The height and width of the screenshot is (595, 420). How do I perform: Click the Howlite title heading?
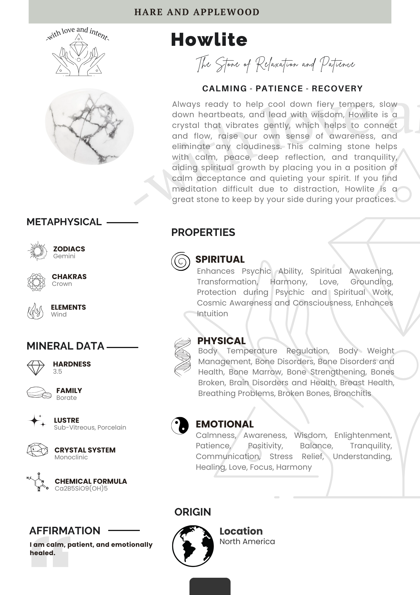click(x=209, y=40)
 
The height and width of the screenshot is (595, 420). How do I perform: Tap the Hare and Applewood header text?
click(x=197, y=12)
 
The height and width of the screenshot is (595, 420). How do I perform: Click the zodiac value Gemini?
click(x=64, y=256)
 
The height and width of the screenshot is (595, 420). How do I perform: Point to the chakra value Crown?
click(x=62, y=284)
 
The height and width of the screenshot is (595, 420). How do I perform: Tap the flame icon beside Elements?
click(x=35, y=311)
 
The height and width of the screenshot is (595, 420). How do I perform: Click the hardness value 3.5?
click(x=58, y=371)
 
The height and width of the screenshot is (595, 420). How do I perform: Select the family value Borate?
click(x=67, y=398)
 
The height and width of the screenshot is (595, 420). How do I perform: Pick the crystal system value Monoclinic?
click(x=71, y=457)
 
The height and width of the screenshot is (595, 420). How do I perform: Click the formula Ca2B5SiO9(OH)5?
click(x=81, y=488)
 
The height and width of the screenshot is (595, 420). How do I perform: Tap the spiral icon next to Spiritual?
click(x=181, y=261)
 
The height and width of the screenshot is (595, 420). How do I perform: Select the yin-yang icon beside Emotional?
click(x=180, y=425)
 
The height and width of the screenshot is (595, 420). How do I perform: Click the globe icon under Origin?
click(x=193, y=546)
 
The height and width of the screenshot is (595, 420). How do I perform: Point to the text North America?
click(x=247, y=541)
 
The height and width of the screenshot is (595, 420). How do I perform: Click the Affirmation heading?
click(x=65, y=531)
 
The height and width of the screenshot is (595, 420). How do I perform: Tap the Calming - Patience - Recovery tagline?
click(x=282, y=89)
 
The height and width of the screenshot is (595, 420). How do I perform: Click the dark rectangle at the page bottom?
click(x=210, y=586)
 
